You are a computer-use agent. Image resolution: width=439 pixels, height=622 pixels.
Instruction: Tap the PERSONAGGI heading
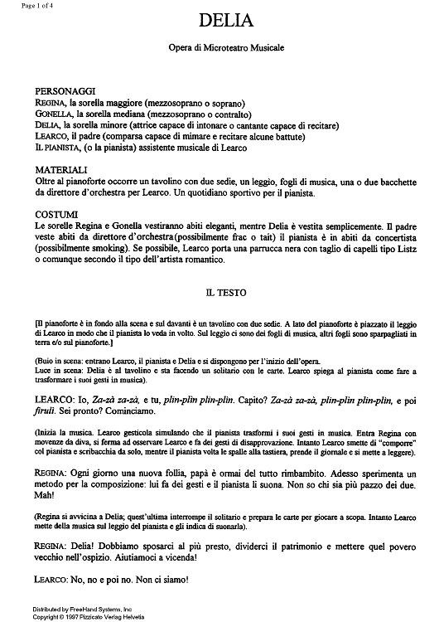[x=65, y=90]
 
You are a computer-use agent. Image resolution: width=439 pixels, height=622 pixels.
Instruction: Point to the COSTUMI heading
[x=58, y=213]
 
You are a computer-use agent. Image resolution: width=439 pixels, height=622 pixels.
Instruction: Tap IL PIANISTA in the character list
[x=59, y=148]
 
